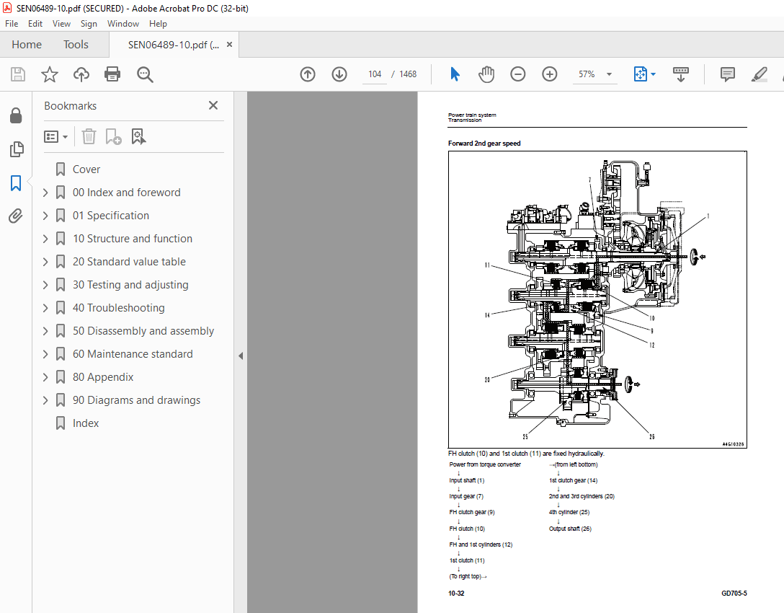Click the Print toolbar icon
112,74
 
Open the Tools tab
76,45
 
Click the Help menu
158,24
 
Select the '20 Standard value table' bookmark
129,262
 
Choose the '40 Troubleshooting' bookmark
118,308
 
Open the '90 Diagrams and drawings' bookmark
136,400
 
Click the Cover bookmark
86,169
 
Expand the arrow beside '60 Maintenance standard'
45,354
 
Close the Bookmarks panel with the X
213,105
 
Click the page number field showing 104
375,74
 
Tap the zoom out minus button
518,74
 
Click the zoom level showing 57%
587,74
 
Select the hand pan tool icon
486,74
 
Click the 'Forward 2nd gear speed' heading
484,144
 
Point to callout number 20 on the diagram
488,379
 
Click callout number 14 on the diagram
488,315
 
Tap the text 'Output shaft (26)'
571,529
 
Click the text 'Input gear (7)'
466,496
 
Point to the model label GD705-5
734,594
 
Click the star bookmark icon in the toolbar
49,74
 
